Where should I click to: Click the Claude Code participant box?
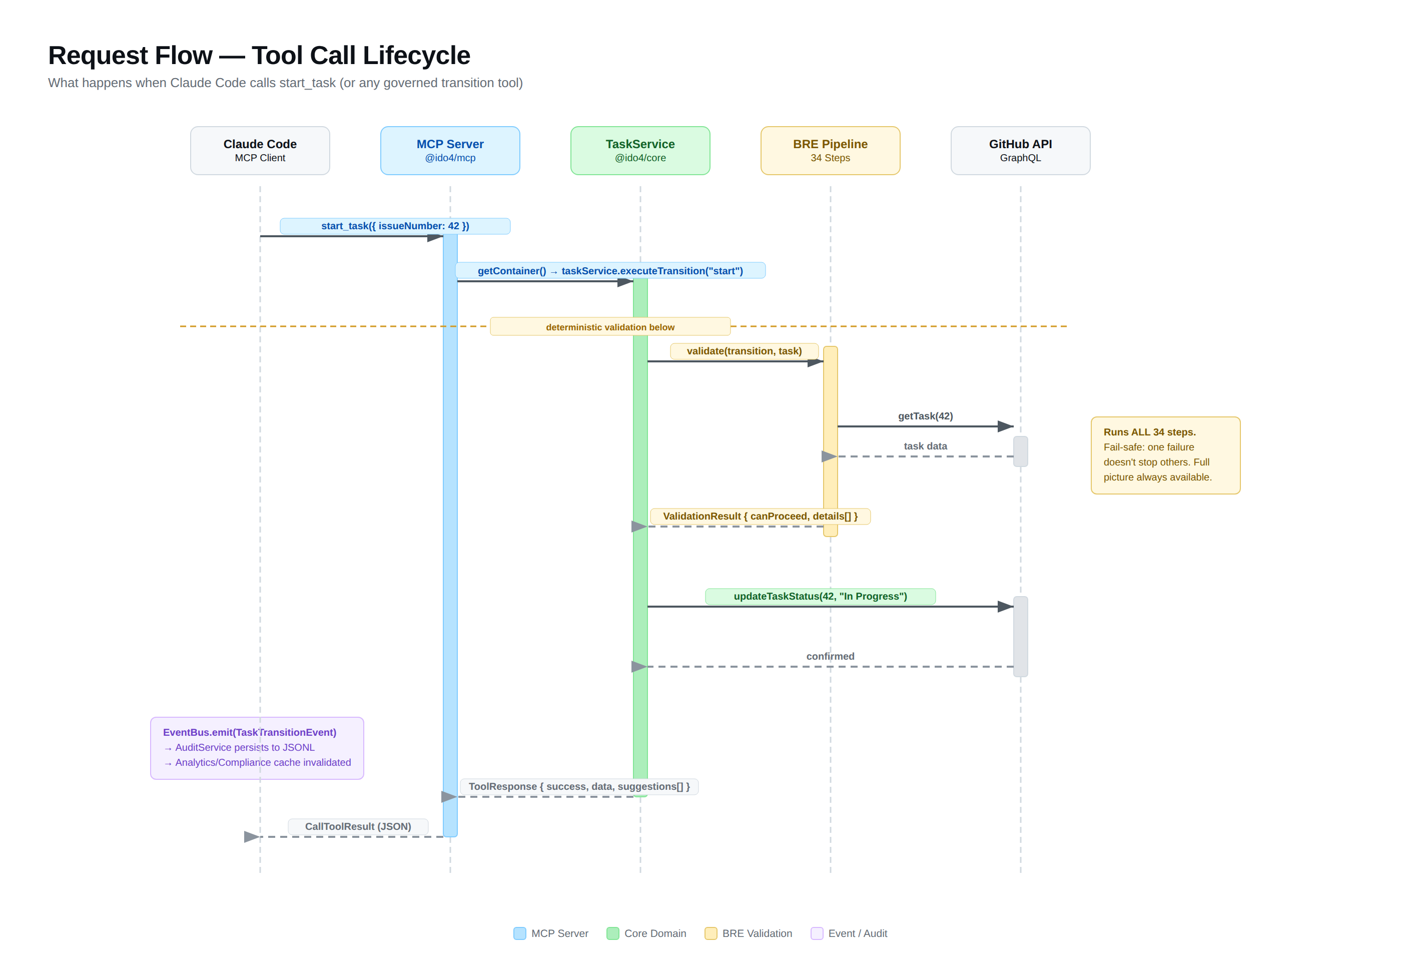[x=260, y=151]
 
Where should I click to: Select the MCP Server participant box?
[x=450, y=151]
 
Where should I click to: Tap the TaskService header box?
[x=640, y=151]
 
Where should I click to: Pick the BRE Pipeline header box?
[x=830, y=151]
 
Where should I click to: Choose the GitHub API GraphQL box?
[x=1020, y=151]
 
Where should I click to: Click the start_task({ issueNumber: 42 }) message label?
[x=395, y=226]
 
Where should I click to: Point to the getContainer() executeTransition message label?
[x=610, y=270]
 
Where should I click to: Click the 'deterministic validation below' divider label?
[x=609, y=327]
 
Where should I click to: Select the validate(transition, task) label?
[x=744, y=351]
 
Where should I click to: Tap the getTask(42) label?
[x=925, y=416]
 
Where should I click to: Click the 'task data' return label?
[x=925, y=446]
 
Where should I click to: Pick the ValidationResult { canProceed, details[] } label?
[x=760, y=516]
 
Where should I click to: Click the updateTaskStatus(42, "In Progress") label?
[x=820, y=596]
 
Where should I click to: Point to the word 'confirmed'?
[x=830, y=656]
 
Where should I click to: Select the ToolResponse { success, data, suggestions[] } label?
[x=578, y=786]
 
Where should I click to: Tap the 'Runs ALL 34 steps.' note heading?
[x=1149, y=432]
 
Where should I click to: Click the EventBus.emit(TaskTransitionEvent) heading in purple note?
[x=249, y=732]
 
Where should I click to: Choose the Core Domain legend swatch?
[x=612, y=933]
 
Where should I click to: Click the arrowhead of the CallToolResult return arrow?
[x=251, y=837]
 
